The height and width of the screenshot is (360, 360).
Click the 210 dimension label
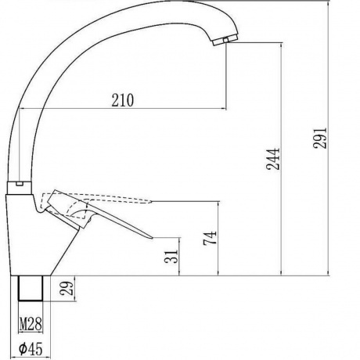(123, 100)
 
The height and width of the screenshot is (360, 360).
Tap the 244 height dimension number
(273, 159)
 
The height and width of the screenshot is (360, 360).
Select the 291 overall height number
(320, 138)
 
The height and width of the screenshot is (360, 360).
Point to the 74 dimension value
(211, 238)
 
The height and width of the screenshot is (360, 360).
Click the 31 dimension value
(172, 257)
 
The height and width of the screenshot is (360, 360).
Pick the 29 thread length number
(67, 288)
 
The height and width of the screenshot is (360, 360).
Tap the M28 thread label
(31, 324)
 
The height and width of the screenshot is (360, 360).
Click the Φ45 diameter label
(31, 349)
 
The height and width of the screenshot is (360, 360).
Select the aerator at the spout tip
(225, 40)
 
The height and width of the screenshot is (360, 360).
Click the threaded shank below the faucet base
(31, 288)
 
